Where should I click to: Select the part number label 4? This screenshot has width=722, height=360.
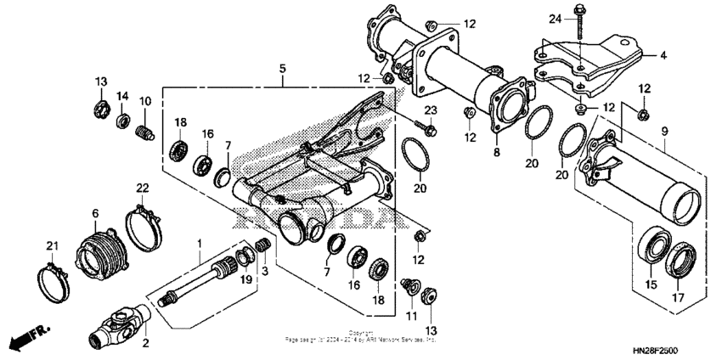click(663, 57)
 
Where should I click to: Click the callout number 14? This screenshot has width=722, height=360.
click(122, 95)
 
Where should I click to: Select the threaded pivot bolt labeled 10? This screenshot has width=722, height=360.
click(144, 132)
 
